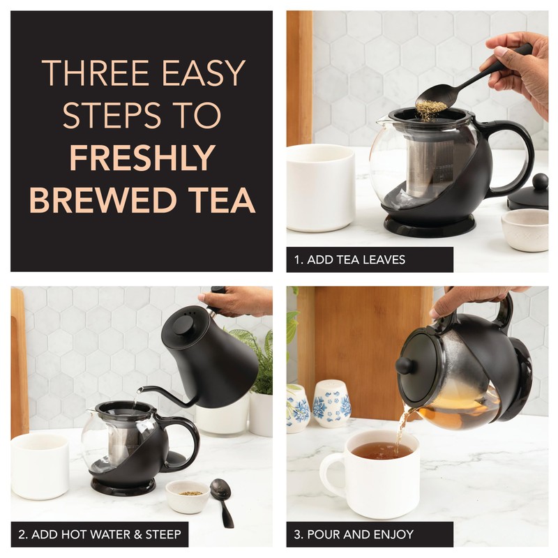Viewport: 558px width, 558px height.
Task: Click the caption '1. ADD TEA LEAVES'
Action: coord(349,259)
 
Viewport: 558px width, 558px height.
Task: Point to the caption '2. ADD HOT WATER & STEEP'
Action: coord(99,535)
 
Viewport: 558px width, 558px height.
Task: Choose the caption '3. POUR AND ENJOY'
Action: coord(354,535)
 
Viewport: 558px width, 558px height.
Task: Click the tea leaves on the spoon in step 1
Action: coord(431,107)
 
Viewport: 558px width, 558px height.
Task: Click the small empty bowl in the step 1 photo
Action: coord(525,229)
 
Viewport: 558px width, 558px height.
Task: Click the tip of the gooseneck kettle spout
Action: coord(139,391)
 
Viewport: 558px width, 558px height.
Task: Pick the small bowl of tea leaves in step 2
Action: coord(187,495)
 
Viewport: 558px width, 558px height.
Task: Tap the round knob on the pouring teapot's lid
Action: coord(405,365)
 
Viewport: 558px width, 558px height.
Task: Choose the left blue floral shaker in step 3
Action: coord(298,408)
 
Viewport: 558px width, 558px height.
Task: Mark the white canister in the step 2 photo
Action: coord(40,465)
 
